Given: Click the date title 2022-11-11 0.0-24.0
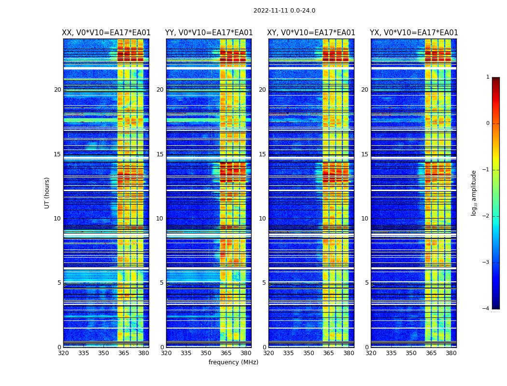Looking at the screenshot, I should coord(284,11).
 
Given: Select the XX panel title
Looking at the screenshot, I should coord(106,33).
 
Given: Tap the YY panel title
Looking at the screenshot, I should coord(209,33).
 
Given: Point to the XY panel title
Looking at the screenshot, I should coord(311,33).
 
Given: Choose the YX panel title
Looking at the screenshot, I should coord(414,33).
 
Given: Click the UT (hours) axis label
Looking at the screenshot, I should coord(47,193).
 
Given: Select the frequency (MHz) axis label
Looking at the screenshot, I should coord(233,362).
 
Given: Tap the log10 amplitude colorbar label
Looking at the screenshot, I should coord(474,193).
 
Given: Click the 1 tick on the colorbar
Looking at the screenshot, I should coord(487,77).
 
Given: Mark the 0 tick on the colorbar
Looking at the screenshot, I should coord(487,124).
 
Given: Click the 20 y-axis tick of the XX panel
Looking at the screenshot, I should coord(57,90).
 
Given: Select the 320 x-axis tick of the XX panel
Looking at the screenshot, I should coord(63,353).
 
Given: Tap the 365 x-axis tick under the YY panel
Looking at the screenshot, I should coord(226,353).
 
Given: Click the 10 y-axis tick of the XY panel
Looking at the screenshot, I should coord(262,219).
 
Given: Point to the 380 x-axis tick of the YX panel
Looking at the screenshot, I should coord(451,353).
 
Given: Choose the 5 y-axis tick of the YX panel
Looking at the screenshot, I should coord(366,283).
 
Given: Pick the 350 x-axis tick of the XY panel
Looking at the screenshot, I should coord(309,353).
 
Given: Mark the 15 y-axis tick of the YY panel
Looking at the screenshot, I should coord(160,154).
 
